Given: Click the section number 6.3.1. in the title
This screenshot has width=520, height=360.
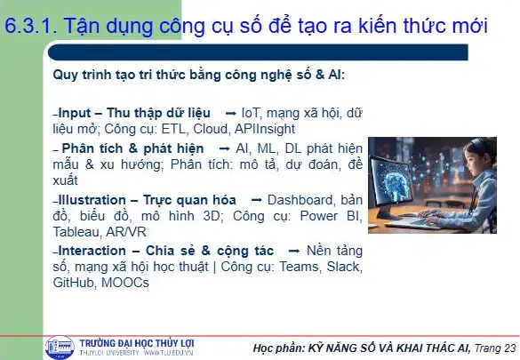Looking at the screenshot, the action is click(31, 26).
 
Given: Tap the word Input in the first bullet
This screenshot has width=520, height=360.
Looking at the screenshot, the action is click(75, 114).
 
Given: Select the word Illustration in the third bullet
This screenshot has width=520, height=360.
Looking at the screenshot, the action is click(92, 200).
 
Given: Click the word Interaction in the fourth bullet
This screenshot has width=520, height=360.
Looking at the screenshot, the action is click(92, 251).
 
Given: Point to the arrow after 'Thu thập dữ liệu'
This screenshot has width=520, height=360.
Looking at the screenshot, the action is click(230, 114).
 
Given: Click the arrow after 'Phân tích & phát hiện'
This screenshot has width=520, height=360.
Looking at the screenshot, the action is click(225, 149).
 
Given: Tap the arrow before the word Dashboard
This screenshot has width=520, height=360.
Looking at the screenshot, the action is click(256, 201).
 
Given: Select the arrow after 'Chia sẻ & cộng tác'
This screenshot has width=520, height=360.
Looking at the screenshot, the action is click(294, 252).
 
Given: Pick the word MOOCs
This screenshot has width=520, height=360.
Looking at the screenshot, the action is click(125, 283).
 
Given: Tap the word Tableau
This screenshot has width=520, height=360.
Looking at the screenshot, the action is click(77, 232).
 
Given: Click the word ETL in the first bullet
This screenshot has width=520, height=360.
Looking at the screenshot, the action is click(172, 129).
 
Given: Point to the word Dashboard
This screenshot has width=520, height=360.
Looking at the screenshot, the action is click(300, 200).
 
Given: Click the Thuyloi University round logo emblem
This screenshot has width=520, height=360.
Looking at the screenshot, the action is click(60, 348).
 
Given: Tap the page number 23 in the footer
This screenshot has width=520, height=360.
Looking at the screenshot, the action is click(509, 348).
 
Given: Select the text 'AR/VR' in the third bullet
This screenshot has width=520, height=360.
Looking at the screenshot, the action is click(126, 232).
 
